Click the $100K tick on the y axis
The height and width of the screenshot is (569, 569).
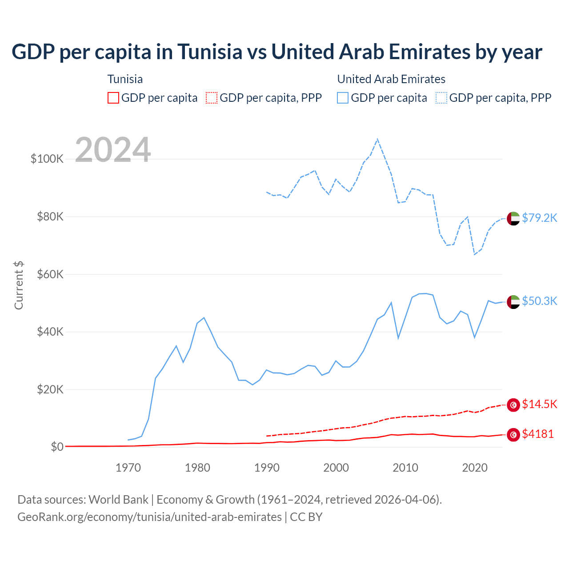[47, 159]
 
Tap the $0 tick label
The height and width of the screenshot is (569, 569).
[57, 447]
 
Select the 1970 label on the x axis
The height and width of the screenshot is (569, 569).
[128, 468]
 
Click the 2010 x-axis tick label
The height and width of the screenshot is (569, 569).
[405, 468]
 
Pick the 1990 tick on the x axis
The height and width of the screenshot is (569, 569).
[267, 468]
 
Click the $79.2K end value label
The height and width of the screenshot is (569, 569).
[539, 218]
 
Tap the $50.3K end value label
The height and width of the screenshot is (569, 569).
[539, 301]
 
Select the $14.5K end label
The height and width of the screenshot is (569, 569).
[539, 404]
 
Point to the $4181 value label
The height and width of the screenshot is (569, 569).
[538, 434]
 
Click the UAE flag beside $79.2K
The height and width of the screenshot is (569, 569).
[513, 219]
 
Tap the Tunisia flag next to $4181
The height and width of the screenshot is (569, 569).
[513, 435]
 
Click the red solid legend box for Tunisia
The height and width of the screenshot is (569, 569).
[113, 98]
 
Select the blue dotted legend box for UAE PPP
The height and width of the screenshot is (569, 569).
[441, 98]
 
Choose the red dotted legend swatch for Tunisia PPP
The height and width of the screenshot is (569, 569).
[212, 98]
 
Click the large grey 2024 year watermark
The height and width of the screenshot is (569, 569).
[113, 150]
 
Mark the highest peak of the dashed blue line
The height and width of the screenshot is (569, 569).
[377, 139]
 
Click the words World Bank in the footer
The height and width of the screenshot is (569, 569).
[118, 500]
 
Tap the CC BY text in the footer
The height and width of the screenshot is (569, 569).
[306, 517]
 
